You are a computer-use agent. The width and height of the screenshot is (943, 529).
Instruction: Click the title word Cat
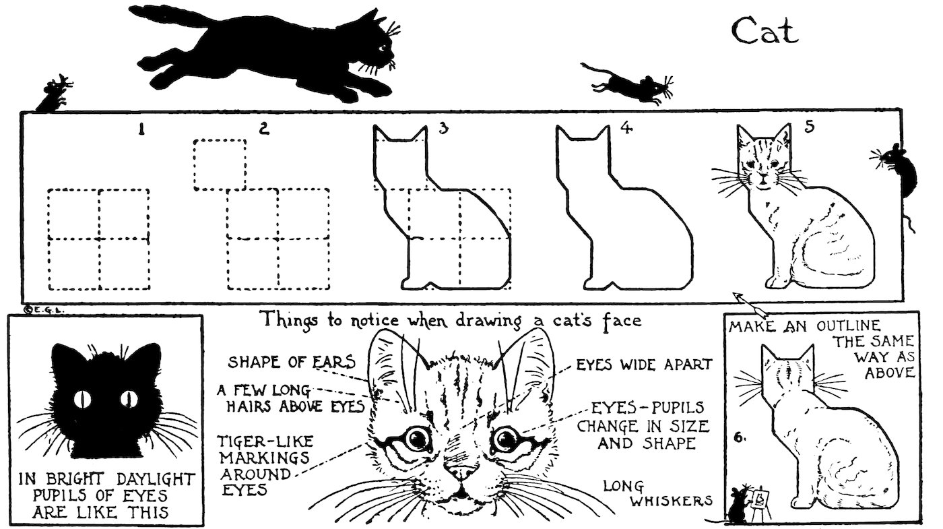coord(765,31)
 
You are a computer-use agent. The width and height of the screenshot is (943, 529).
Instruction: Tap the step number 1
coord(141,130)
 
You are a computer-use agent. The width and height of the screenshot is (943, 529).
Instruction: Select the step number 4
coord(626,129)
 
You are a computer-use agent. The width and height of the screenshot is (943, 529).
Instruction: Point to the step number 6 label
coord(739,437)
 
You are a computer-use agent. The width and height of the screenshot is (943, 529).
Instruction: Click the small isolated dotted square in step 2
coord(219,164)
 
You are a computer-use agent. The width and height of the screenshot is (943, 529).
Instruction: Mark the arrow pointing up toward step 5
coord(749,304)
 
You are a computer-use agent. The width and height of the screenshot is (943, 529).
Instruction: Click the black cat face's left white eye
coord(84,399)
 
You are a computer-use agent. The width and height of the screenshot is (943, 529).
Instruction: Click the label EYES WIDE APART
coord(643,365)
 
